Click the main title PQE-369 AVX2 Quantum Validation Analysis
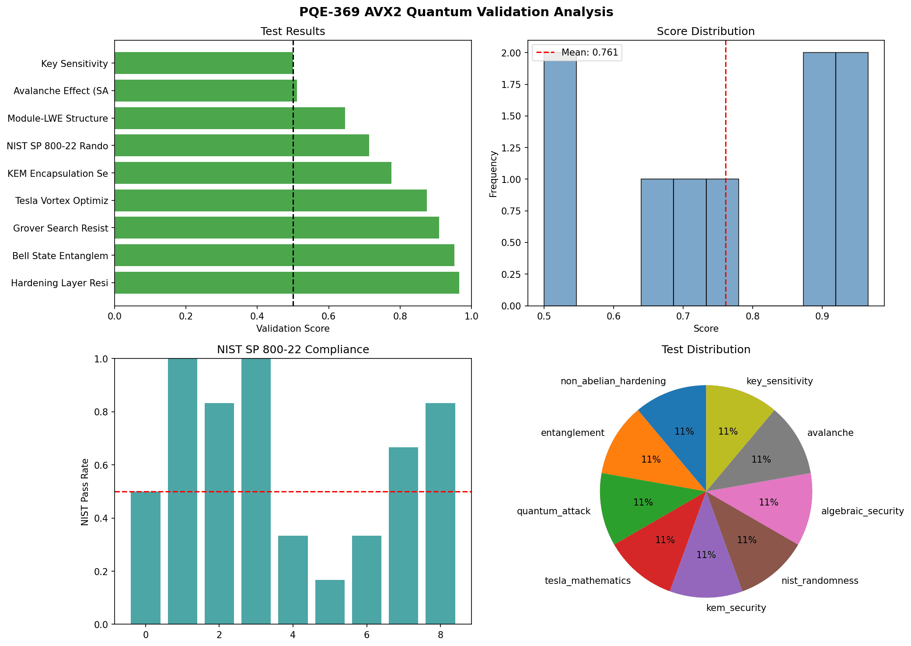[456, 12]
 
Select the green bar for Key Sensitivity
[203, 63]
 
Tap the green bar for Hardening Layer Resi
[286, 283]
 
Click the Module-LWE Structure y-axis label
[58, 119]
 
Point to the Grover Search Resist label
[60, 228]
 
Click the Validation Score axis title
[293, 328]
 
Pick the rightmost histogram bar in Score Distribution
[852, 179]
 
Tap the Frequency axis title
[493, 174]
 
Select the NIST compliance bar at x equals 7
[403, 535]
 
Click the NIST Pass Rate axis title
[85, 492]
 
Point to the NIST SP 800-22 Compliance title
[293, 350]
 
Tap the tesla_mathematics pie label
[587, 581]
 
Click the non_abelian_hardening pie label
[613, 381]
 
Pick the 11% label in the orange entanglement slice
[651, 460]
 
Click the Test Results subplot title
[293, 32]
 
